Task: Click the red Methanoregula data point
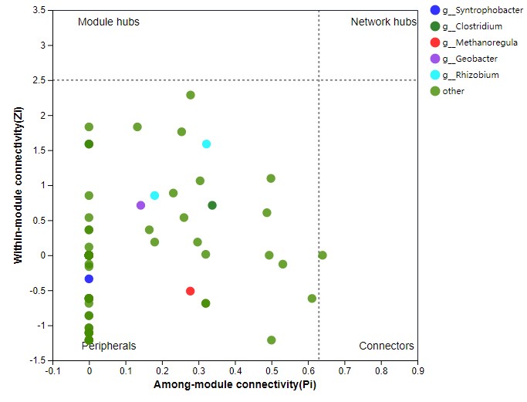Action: pos(191,291)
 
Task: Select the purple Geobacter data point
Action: pos(141,205)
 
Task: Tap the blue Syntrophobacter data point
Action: pos(89,279)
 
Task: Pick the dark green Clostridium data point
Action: pos(212,205)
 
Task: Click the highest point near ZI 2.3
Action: pos(191,95)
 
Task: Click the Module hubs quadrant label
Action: pos(109,22)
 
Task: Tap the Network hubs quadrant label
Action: pos(383,22)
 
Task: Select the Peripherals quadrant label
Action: pos(109,346)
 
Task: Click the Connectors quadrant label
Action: pos(387,346)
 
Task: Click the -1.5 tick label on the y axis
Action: pos(37,360)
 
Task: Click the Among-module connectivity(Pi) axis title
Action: pos(235,384)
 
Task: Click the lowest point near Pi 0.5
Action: pos(272,340)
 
